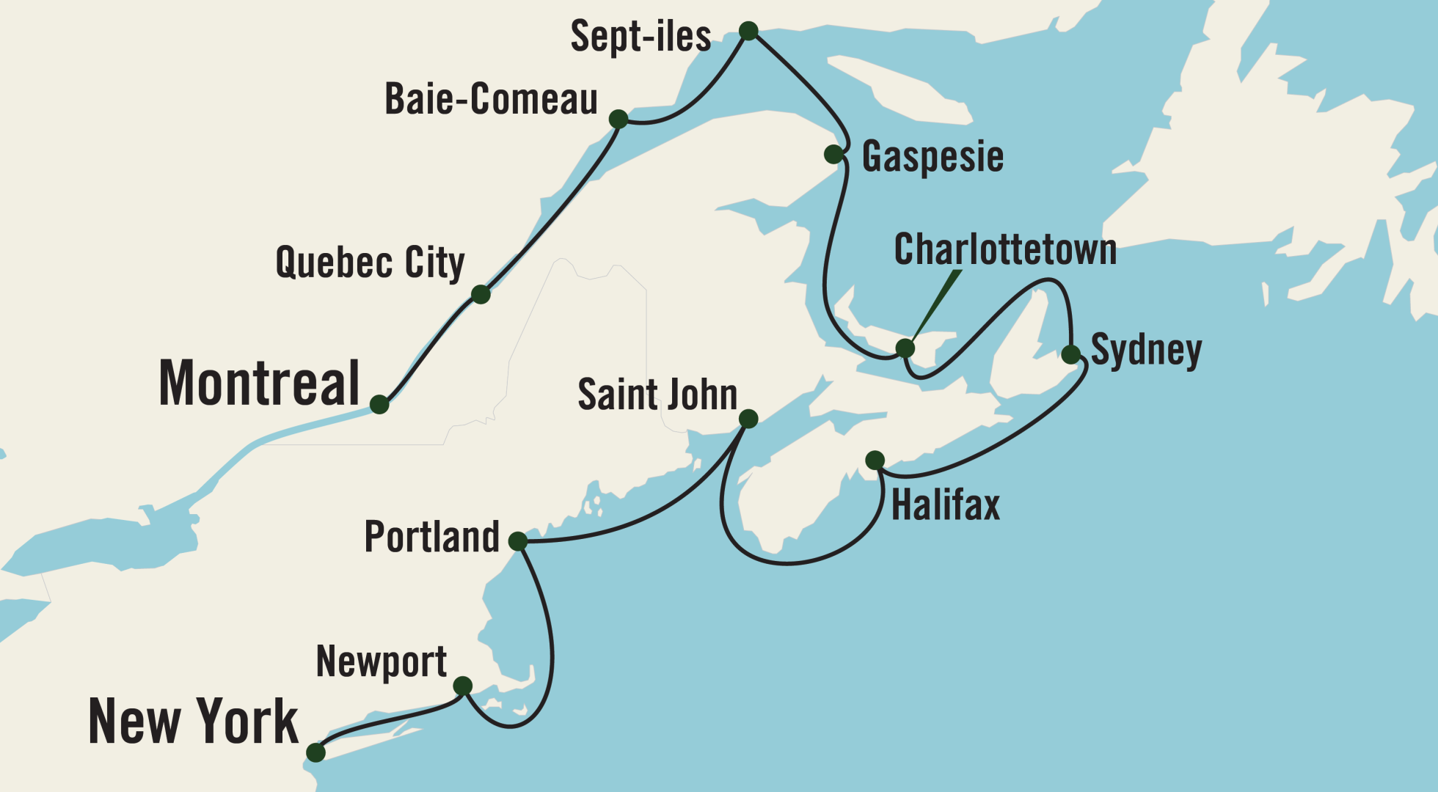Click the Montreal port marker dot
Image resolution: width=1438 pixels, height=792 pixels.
click(379, 404)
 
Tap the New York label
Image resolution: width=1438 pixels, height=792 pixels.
click(193, 722)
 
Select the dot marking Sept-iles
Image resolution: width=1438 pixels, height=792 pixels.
click(748, 31)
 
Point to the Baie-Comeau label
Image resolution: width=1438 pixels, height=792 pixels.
click(491, 100)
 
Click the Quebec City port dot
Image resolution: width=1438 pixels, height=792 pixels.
click(481, 295)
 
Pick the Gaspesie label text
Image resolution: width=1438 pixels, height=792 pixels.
click(932, 157)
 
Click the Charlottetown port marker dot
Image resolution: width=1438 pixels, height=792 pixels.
click(905, 348)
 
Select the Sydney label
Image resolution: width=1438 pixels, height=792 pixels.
click(1146, 351)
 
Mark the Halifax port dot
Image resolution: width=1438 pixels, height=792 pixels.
click(875, 461)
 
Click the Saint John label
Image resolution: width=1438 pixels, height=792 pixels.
click(657, 395)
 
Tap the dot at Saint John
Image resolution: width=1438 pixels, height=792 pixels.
click(748, 419)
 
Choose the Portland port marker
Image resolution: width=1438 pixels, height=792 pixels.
click(518, 542)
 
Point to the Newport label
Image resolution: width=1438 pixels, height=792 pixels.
click(382, 662)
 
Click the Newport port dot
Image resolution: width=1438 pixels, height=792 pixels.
click(463, 686)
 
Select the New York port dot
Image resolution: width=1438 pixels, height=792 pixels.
click(315, 752)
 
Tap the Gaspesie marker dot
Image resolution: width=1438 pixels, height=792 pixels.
click(833, 154)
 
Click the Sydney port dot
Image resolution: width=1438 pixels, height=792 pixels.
click(1071, 355)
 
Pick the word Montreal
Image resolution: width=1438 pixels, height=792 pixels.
click(260, 383)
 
